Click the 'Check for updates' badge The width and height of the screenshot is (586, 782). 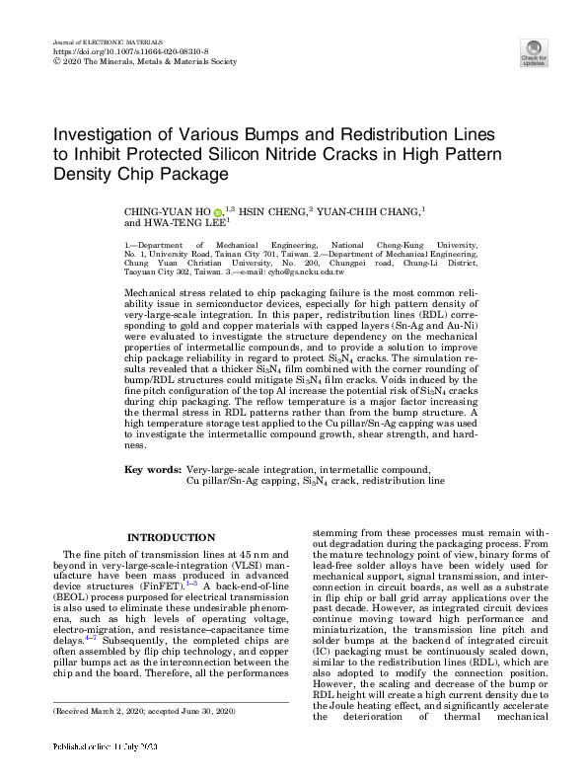(x=534, y=53)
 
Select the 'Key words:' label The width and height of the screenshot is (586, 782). (x=152, y=469)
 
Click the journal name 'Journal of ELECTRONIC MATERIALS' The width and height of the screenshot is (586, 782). (x=101, y=40)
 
